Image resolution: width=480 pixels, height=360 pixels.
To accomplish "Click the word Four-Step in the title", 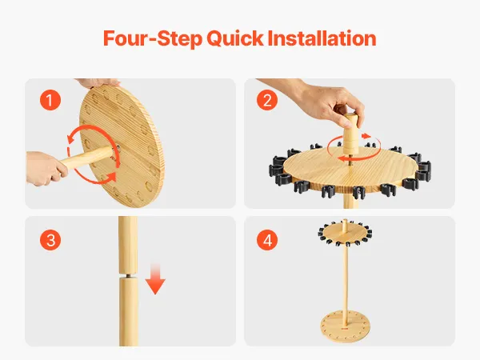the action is [x=153, y=38].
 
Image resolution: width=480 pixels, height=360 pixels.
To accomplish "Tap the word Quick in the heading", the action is [x=234, y=39].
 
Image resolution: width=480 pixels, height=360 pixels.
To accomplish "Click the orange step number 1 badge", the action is [x=50, y=100].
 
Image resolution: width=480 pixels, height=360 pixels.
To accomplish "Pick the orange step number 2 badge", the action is [x=267, y=100].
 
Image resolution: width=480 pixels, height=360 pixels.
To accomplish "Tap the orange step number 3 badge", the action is [x=50, y=240].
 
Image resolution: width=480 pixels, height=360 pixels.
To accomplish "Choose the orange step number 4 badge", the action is [x=267, y=240].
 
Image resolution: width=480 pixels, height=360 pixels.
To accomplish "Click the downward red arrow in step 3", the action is [x=155, y=278].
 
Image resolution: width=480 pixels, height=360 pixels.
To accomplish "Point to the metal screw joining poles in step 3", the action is [x=127, y=276].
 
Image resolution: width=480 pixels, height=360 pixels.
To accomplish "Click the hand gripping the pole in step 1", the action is [x=46, y=168].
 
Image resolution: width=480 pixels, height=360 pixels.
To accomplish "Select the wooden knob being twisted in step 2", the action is [x=351, y=134].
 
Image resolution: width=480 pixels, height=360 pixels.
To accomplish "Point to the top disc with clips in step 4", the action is [x=345, y=233].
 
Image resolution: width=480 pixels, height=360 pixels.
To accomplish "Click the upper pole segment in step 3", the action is [x=128, y=245].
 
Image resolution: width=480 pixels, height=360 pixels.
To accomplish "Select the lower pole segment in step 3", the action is [x=129, y=312].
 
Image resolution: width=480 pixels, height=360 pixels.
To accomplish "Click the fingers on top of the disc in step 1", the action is [x=98, y=82].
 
